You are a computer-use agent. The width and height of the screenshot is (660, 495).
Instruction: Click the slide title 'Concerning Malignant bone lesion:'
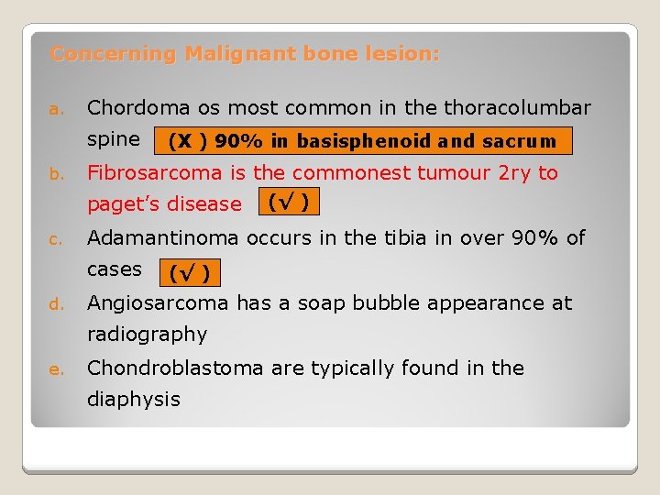[x=245, y=54]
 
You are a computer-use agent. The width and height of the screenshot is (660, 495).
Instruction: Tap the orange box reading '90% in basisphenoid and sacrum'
[x=363, y=141]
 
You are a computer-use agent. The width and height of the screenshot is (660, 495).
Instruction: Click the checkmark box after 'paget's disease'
[x=287, y=201]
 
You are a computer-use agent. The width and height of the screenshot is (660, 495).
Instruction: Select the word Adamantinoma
[x=162, y=238]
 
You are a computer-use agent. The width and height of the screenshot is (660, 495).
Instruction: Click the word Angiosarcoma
[x=158, y=302]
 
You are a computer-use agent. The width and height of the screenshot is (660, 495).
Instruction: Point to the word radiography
[x=147, y=335]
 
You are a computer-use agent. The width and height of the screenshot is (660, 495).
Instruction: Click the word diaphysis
[x=133, y=400]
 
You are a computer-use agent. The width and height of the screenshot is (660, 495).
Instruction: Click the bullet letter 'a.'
[x=55, y=110]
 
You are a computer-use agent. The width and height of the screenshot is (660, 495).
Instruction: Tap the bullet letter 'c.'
[x=55, y=240]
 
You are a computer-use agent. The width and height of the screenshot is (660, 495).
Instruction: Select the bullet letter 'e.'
[x=55, y=369]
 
